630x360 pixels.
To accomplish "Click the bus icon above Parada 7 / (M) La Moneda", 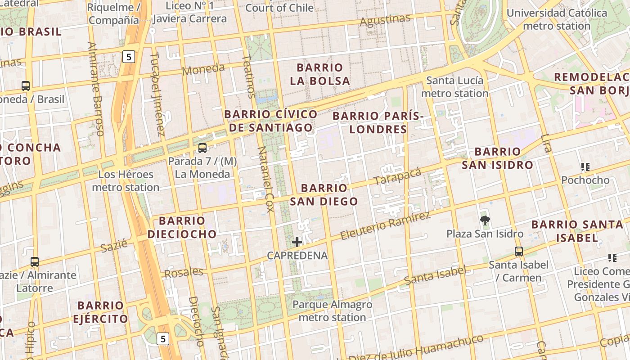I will point(202,148).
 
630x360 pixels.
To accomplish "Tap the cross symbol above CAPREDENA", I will point(297,242).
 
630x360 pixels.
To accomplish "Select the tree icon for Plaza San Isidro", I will point(485,220).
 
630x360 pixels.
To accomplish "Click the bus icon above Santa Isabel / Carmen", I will point(519,252).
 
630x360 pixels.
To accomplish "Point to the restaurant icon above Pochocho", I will point(585,167).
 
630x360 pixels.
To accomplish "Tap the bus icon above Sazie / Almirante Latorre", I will point(35,261).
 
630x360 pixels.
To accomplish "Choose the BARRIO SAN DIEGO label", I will point(324,194).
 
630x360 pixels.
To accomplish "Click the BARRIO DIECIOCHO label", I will point(182,227).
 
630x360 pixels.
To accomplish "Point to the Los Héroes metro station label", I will point(126,180).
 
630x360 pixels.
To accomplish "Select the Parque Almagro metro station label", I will point(332,311).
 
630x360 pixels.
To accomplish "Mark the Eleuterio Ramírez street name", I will point(385,226).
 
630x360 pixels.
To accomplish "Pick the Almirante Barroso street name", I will point(96,89).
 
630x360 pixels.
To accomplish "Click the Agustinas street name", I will point(386,21).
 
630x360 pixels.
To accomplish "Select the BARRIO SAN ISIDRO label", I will point(497,158).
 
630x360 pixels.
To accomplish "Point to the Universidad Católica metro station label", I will point(557,19).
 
